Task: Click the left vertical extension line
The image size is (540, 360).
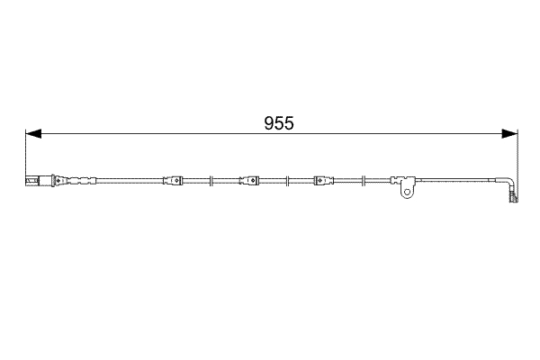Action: [25, 153]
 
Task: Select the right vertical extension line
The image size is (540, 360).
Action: [518, 153]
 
